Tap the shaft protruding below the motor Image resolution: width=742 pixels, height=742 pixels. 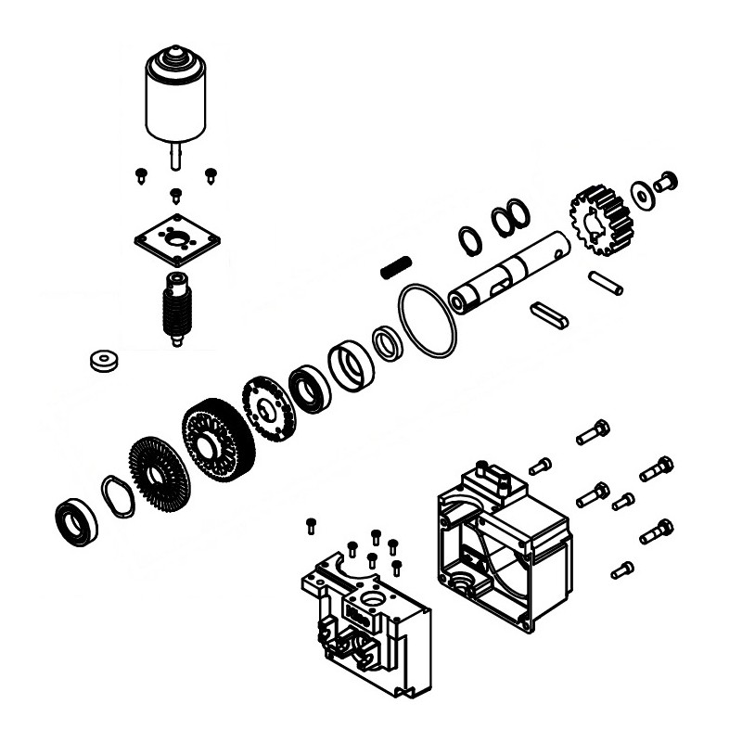tap(175, 154)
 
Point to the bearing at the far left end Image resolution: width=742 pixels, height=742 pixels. tap(77, 521)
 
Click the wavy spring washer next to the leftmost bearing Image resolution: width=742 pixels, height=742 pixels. tap(118, 495)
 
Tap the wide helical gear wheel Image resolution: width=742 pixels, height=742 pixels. tap(218, 441)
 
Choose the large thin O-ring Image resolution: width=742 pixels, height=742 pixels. tap(428, 320)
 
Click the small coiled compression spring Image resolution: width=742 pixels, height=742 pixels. tap(394, 266)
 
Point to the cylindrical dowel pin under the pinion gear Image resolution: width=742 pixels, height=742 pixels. tap(606, 282)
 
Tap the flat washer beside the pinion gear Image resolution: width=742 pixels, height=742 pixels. tap(640, 194)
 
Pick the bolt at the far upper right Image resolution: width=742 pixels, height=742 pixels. tap(665, 182)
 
